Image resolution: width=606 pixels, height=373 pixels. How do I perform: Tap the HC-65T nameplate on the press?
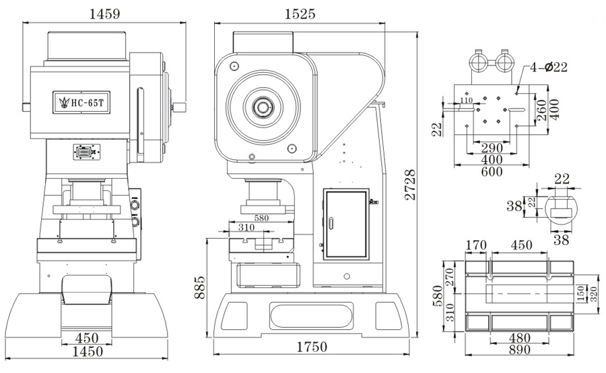click(80, 103)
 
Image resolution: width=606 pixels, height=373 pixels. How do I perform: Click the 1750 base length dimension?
click(310, 347)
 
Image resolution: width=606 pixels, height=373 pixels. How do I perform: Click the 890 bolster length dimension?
click(519, 350)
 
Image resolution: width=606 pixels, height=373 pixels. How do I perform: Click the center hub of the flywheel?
click(261, 106)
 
